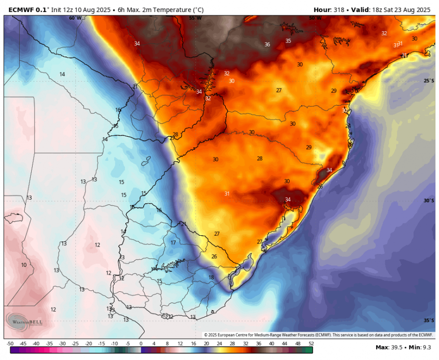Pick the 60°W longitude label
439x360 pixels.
[x=75, y=18]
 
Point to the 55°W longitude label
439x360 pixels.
[x=195, y=18]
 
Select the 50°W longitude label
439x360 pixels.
[x=315, y=18]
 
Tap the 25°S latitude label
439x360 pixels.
[x=429, y=81]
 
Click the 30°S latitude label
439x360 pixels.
[x=429, y=201]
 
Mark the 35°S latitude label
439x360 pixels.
[x=429, y=320]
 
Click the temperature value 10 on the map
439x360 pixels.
[x=24, y=265]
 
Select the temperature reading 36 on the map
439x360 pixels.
[x=267, y=45]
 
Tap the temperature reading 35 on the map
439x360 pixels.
[x=288, y=41]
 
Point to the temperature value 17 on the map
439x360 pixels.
[x=173, y=243]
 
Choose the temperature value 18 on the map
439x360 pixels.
[x=211, y=277]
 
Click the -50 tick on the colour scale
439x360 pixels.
[x=10, y=344]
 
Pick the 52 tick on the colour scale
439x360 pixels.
[x=311, y=344]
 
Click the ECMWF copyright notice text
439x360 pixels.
[x=318, y=335]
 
